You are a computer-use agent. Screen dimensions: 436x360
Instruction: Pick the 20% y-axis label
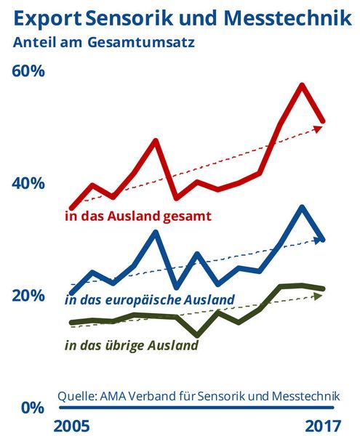(28, 295)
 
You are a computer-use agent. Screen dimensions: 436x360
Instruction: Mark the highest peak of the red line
(302, 86)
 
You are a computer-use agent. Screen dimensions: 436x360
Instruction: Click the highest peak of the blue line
(302, 207)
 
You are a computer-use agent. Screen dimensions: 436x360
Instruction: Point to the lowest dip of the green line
(196, 335)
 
